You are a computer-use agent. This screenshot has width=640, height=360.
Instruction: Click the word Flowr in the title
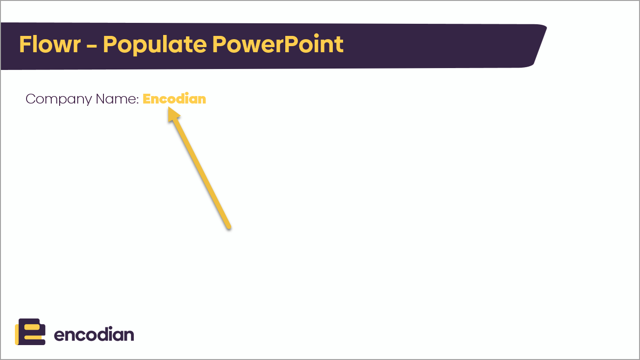50,44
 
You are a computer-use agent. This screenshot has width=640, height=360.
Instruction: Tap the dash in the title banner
92,45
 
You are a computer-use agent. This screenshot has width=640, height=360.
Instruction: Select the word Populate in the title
155,45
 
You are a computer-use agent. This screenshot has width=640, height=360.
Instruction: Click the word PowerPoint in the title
278,44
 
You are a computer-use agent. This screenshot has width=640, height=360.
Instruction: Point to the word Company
59,99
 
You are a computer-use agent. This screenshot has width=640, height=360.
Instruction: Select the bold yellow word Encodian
174,99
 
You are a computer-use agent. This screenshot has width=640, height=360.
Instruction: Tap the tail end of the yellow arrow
229,228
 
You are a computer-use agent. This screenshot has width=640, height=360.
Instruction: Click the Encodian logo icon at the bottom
30,332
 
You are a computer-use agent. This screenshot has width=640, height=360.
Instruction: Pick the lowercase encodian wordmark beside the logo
94,334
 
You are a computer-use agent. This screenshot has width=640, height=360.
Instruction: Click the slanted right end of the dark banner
540,46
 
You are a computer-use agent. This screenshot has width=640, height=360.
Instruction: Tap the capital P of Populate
109,44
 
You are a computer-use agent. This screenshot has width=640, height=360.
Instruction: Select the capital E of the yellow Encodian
146,99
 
